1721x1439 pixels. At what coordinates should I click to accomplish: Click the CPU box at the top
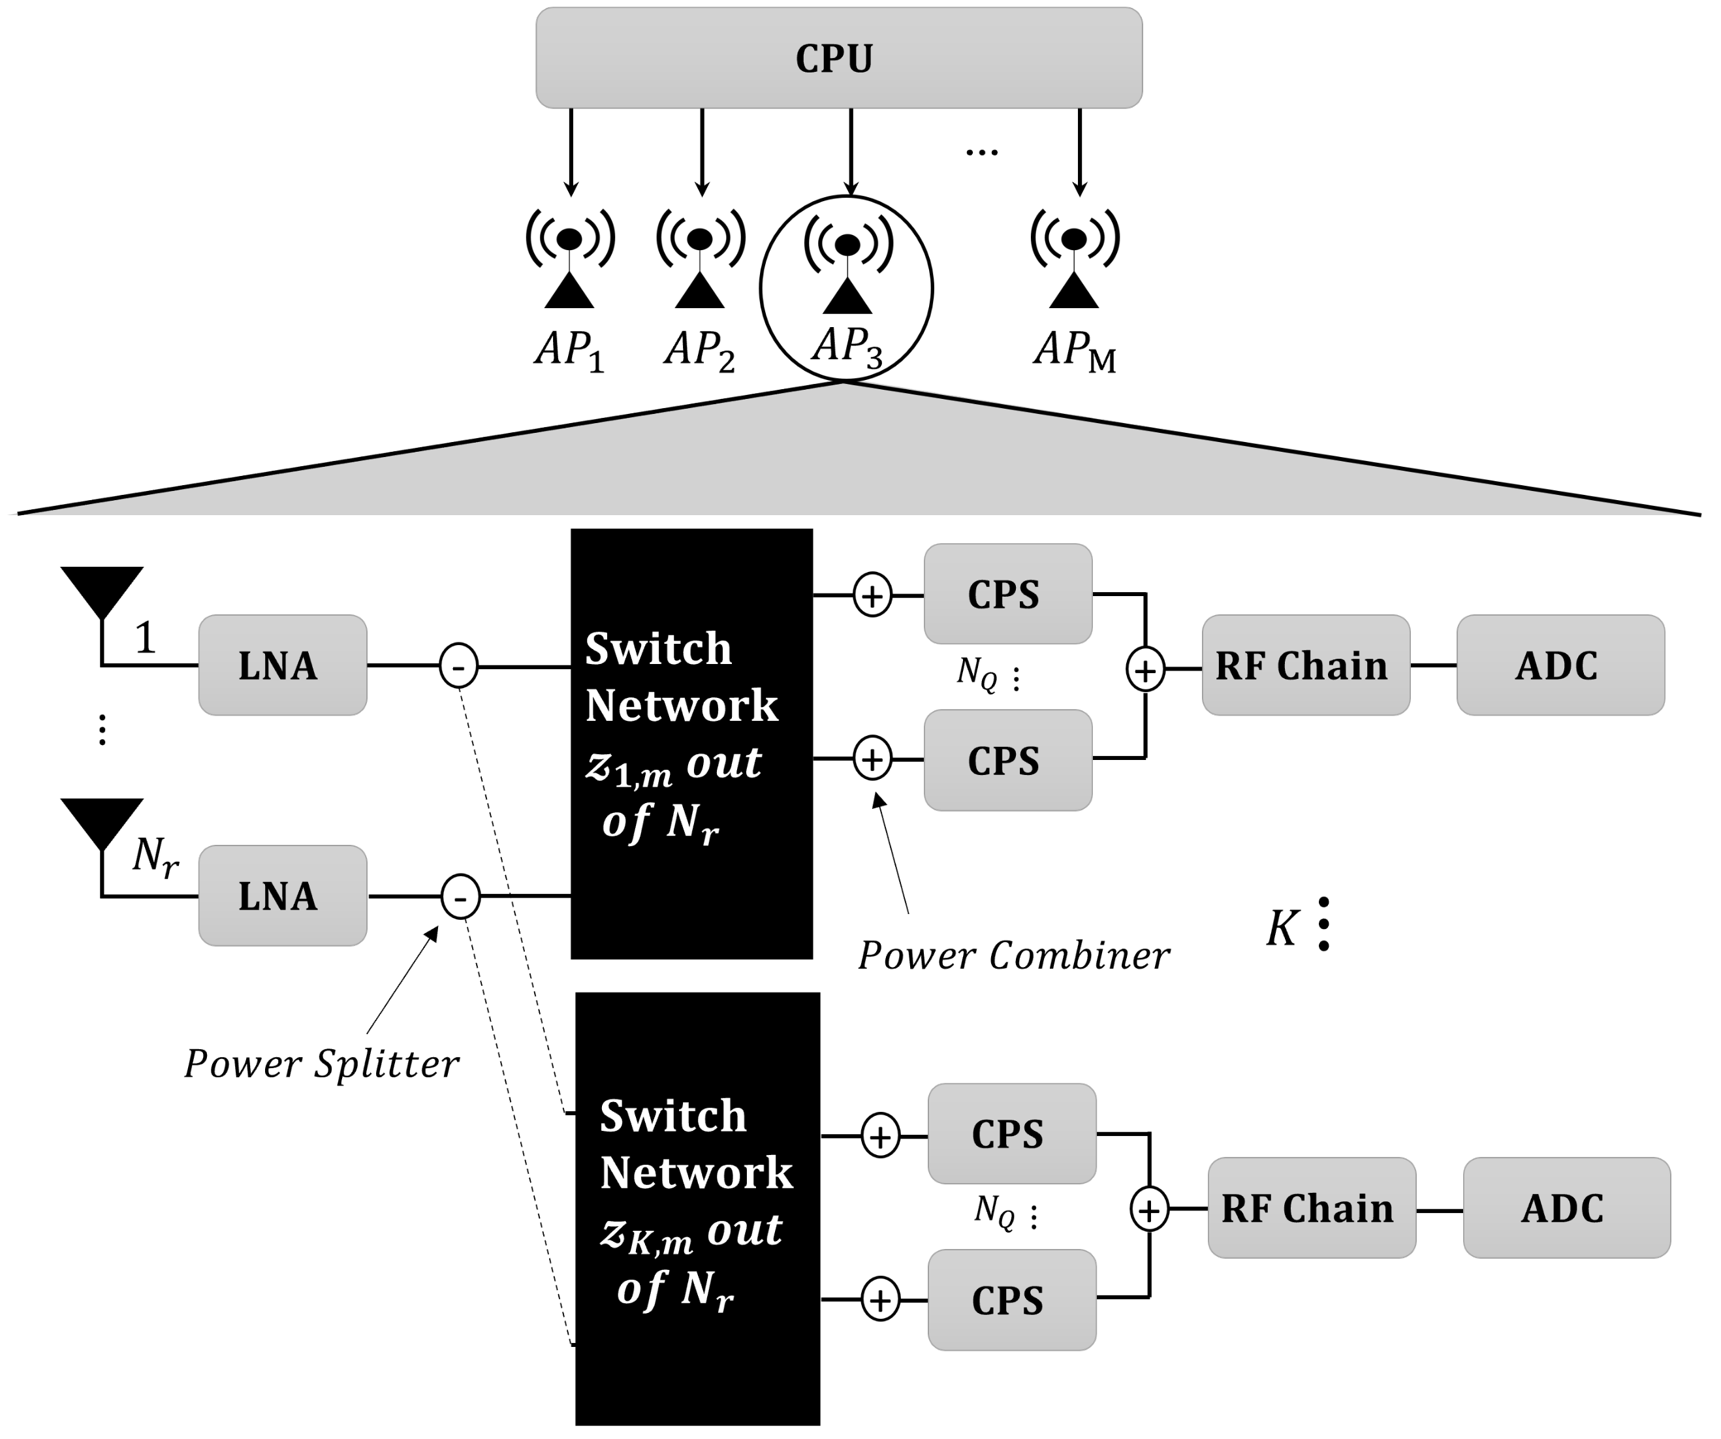point(838,58)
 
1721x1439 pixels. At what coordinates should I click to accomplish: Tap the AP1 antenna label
point(569,351)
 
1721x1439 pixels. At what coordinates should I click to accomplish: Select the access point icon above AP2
point(700,258)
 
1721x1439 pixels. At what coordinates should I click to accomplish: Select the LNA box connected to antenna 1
point(282,665)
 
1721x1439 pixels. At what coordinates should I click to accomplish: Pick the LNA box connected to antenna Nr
point(282,896)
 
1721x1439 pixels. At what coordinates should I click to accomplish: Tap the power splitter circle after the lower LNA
point(460,896)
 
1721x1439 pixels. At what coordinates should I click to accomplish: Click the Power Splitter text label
point(321,1064)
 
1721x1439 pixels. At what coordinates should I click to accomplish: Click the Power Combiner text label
point(1014,955)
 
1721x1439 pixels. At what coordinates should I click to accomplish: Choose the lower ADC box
point(1566,1208)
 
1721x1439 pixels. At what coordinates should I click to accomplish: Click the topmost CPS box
point(1007,594)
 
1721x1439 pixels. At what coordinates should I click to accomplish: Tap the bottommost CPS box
point(1011,1301)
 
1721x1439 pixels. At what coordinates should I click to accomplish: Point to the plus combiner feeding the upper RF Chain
point(1145,671)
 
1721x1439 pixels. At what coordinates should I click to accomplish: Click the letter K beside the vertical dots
point(1281,928)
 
